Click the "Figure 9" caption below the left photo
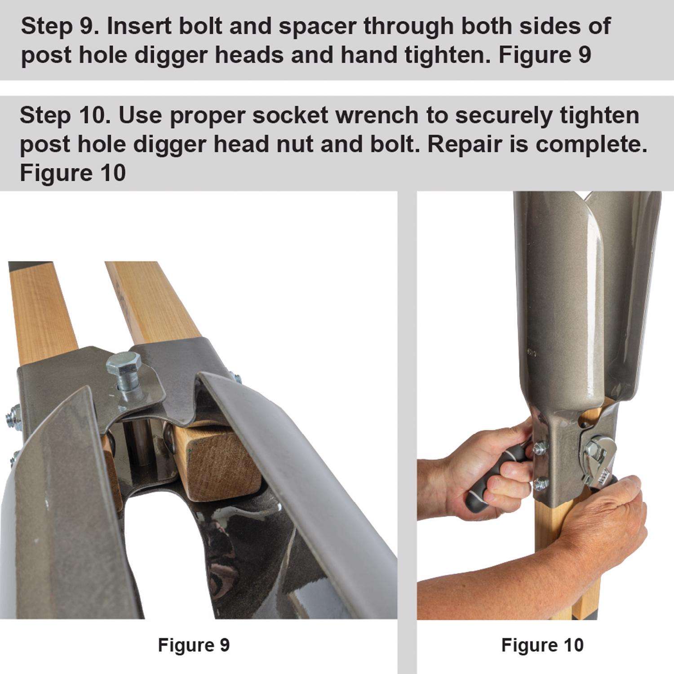(x=194, y=645)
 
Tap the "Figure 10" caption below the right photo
(x=542, y=645)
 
